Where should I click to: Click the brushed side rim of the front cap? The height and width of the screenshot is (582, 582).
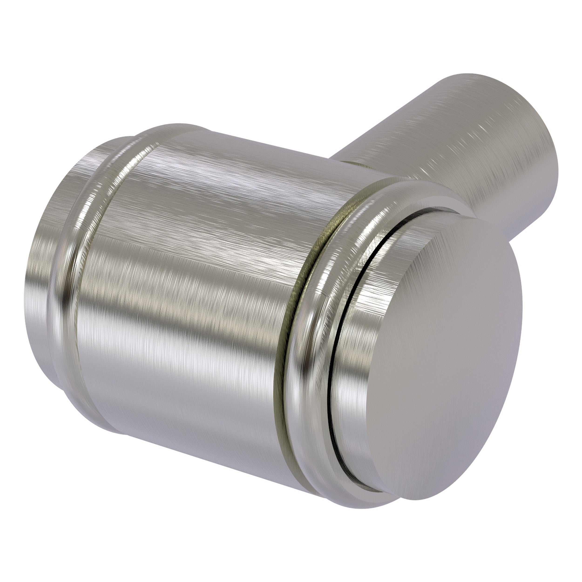(x=349, y=346)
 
